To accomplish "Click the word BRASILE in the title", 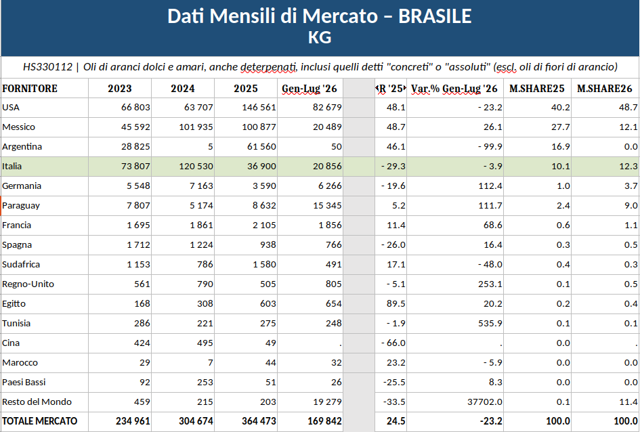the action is pos(435,16).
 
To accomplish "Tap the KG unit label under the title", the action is pos(320,37).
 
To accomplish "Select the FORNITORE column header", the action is pos(29,89).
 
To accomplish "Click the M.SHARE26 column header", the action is pos(605,89).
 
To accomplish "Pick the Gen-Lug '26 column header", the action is pos(310,89).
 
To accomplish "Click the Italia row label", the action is pos(12,166).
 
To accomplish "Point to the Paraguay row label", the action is pos(21,206).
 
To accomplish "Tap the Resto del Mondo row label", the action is pos(37,402).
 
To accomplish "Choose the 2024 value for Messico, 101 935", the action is pos(196,127).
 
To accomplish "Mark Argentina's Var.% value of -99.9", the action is pos(490,146).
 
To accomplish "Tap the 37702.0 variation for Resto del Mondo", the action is pos(484,402).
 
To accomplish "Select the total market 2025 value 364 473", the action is pos(259,421).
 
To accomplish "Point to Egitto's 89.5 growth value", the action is pos(396,303).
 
